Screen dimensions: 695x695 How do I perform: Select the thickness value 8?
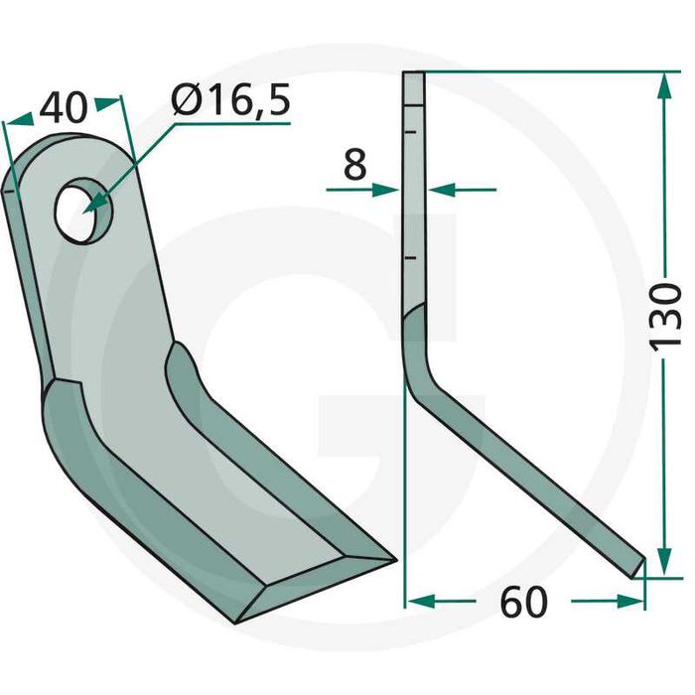pyautogui.click(x=354, y=165)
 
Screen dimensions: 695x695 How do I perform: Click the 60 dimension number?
pyautogui.click(x=522, y=603)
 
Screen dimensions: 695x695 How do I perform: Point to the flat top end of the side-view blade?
pyautogui.click(x=414, y=75)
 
